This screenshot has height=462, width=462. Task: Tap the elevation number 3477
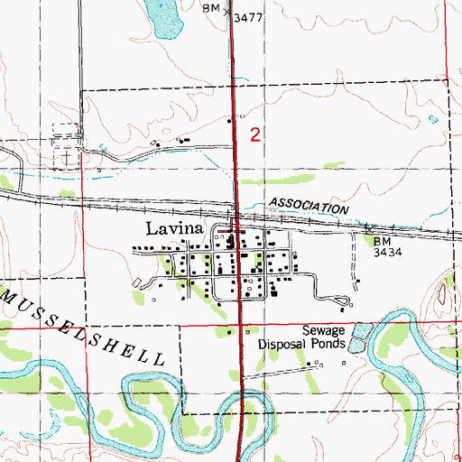point(248,17)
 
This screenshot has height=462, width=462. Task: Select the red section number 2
point(256,135)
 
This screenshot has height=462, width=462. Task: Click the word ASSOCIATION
point(308,207)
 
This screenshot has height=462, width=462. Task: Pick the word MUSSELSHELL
point(82,325)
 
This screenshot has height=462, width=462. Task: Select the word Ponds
point(327,344)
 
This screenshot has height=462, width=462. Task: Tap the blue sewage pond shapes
point(359,335)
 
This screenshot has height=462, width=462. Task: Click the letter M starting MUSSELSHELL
point(7,296)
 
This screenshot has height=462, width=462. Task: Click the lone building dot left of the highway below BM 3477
point(229,120)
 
